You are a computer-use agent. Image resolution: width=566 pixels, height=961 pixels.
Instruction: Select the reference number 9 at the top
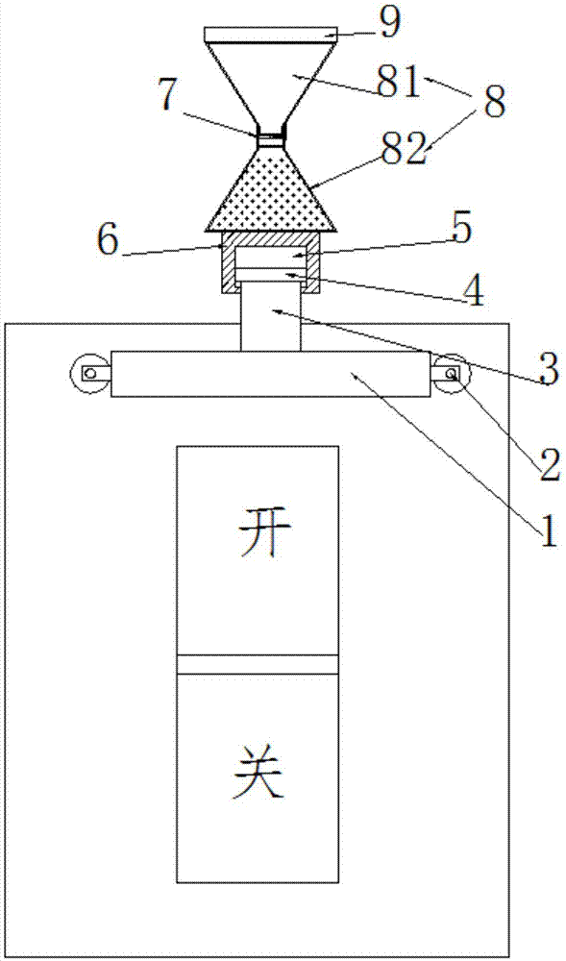(x=388, y=24)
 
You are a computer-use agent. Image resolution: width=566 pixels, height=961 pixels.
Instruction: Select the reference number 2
(x=549, y=466)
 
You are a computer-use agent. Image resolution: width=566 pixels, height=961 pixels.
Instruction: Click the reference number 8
(x=493, y=102)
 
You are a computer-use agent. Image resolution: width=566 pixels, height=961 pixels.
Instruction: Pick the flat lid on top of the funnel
(x=270, y=35)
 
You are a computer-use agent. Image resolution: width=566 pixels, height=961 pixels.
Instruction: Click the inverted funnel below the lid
(x=270, y=86)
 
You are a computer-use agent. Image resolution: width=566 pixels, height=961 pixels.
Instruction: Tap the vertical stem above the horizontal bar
(x=271, y=318)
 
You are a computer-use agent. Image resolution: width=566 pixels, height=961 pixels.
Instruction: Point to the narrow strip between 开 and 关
(x=258, y=664)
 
